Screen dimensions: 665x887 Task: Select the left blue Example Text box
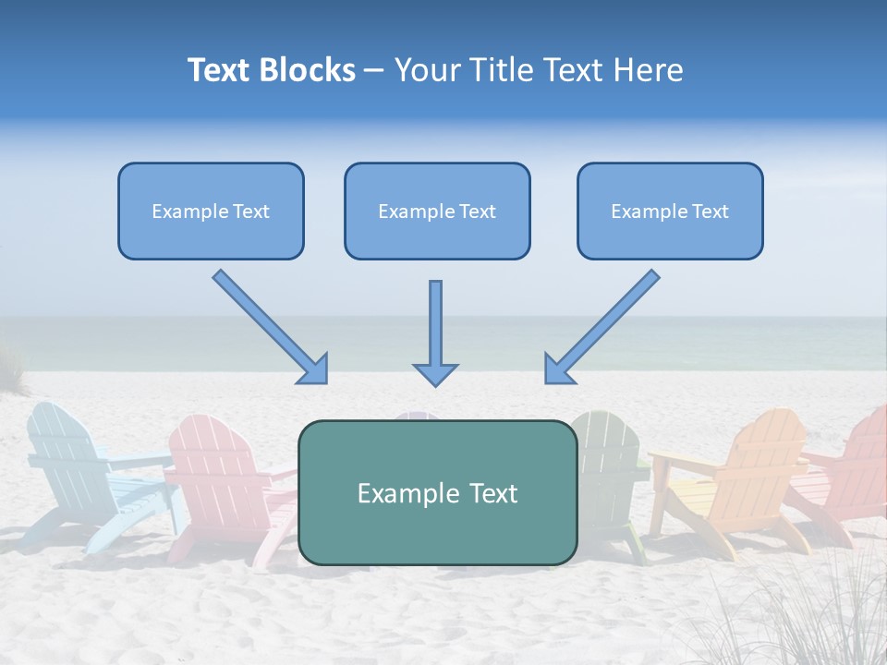pyautogui.click(x=211, y=212)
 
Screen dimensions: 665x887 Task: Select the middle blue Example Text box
pyautogui.click(x=437, y=212)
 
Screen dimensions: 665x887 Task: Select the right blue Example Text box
pyautogui.click(x=670, y=212)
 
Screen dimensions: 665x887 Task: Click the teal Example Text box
pyautogui.click(x=437, y=493)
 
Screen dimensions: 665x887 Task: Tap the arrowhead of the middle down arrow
pyautogui.click(x=435, y=373)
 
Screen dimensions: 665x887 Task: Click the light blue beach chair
pyautogui.click(x=79, y=471)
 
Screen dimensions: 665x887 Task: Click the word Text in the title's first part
pyautogui.click(x=220, y=70)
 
